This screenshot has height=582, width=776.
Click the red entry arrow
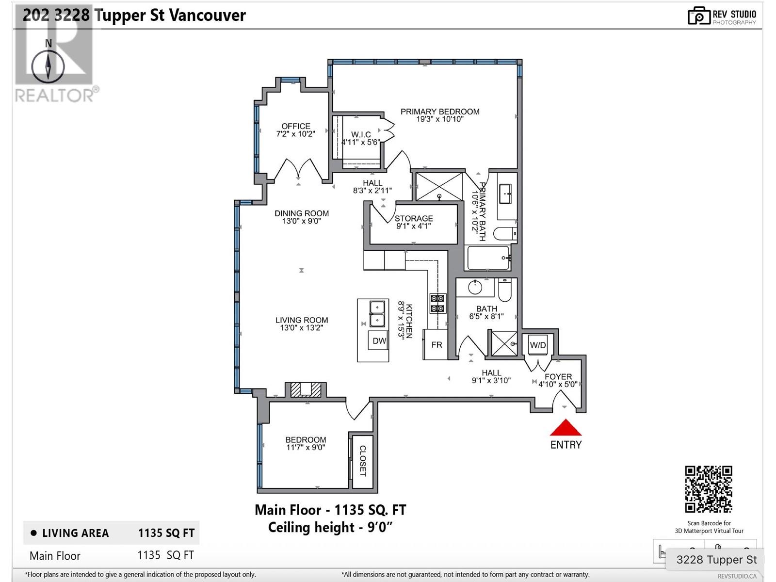[x=566, y=427]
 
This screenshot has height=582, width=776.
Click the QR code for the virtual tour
[x=709, y=489]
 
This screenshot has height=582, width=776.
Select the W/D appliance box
[x=537, y=344]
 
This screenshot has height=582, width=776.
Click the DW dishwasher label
[x=379, y=340]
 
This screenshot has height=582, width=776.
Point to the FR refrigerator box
[x=436, y=344]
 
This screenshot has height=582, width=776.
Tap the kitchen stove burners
[x=437, y=304]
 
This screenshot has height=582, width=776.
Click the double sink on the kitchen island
[x=377, y=314]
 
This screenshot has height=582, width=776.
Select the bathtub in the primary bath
[x=488, y=258]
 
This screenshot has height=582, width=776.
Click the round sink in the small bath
[x=475, y=287]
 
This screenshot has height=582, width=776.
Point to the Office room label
[x=296, y=126]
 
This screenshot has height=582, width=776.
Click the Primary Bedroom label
[x=440, y=112]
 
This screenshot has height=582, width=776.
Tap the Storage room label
[x=414, y=218]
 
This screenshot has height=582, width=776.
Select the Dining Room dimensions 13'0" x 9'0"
[x=302, y=221]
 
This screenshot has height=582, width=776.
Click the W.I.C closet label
[x=361, y=135]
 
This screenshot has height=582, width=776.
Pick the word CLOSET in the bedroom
[x=363, y=460]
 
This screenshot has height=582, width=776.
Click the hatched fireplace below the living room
[x=306, y=389]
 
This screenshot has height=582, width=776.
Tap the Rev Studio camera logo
[x=698, y=16]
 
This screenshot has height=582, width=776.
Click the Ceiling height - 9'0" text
[x=330, y=528]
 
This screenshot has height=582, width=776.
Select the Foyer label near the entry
[x=558, y=377]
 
